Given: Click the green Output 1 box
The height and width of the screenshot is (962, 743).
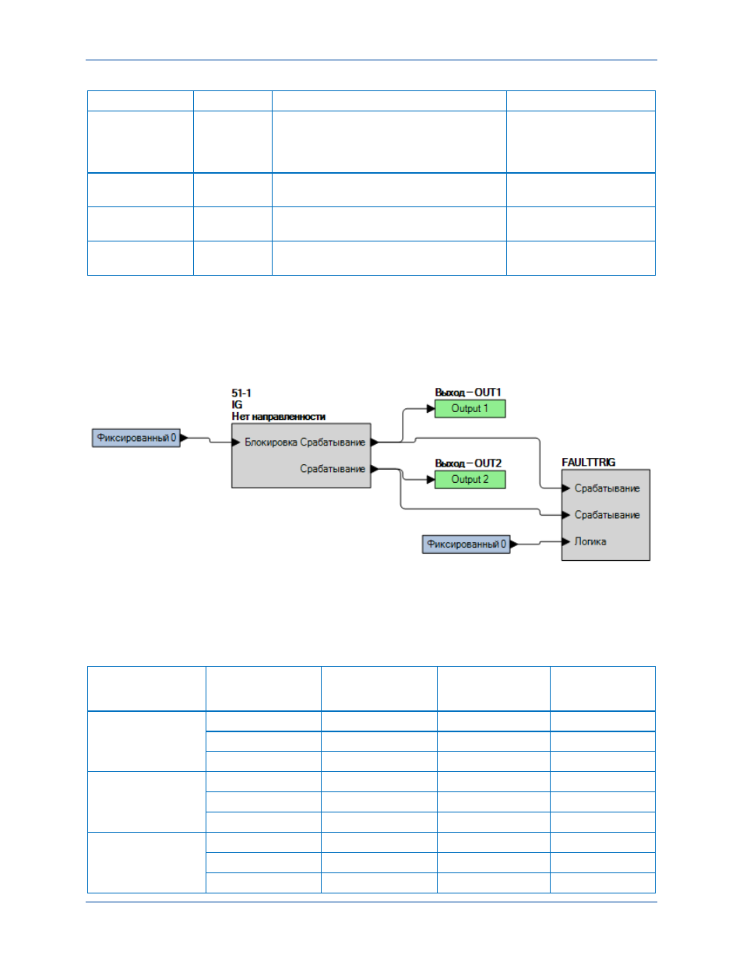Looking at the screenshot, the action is [x=470, y=409].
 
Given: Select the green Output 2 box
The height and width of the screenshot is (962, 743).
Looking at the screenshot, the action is [x=470, y=480].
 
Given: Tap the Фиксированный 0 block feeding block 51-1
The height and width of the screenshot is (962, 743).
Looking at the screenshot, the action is [x=136, y=438].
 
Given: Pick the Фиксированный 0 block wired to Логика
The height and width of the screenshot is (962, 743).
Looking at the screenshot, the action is [x=466, y=544].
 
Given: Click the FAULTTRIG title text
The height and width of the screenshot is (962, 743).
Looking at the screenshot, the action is [x=589, y=462].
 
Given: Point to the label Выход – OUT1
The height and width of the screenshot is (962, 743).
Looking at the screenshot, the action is [x=468, y=393].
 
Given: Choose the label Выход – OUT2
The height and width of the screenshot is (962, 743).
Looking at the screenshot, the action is [x=468, y=463].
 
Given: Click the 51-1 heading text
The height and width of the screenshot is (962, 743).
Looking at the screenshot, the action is [x=241, y=393].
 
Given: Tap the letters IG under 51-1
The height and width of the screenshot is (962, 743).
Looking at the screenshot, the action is [x=237, y=404].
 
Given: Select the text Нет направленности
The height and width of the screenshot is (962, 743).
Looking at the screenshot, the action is [x=278, y=417].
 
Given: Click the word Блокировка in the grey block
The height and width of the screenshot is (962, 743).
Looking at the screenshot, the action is [x=271, y=442].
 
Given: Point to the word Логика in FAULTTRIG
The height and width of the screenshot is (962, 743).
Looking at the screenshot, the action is [x=590, y=541].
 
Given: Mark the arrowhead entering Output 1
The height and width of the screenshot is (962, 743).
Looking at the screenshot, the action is [x=431, y=409].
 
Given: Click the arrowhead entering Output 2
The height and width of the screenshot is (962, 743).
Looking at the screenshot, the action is [x=431, y=480].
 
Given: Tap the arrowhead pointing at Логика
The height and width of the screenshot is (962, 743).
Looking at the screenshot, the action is [x=566, y=541].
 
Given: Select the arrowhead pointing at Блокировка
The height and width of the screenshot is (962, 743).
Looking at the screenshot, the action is [x=236, y=442].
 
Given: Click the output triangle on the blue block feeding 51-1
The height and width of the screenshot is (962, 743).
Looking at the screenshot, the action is [x=184, y=438].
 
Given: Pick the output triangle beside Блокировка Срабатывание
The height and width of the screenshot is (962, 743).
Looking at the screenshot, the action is [x=375, y=442].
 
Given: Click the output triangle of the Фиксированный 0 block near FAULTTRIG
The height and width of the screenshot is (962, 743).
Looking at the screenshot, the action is [x=514, y=544].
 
